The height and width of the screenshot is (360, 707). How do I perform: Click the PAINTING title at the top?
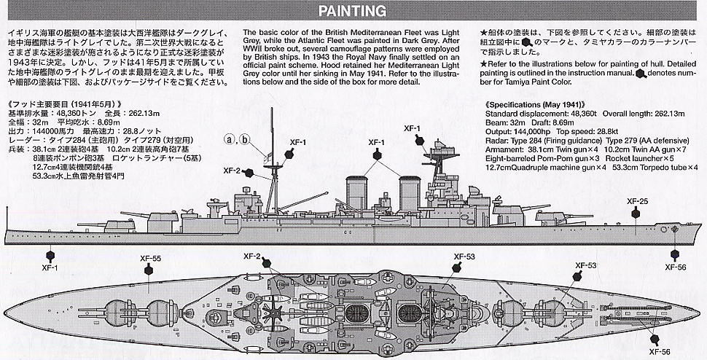pyautogui.click(x=352, y=10)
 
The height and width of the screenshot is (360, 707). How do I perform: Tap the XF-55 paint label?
pyautogui.click(x=152, y=257)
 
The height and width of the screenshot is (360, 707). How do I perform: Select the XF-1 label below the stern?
pyautogui.click(x=50, y=267)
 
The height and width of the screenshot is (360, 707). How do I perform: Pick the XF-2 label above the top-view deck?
pyautogui.click(x=252, y=257)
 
